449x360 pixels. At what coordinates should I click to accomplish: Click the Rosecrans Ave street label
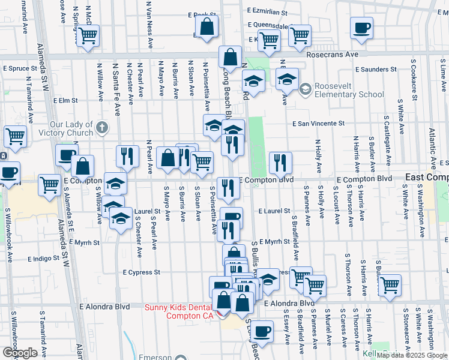coord(332,54)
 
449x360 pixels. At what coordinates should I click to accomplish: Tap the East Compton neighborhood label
coord(427,178)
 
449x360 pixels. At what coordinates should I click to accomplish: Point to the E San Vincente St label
coord(319,124)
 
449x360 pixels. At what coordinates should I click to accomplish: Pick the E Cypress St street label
coord(142,272)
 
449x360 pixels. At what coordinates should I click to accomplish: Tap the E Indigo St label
coord(44,259)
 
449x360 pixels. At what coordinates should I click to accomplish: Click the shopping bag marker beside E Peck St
coord(206,27)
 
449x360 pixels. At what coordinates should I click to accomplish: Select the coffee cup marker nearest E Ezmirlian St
coord(362,28)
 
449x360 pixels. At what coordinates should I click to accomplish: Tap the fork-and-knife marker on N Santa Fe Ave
coord(126,156)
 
